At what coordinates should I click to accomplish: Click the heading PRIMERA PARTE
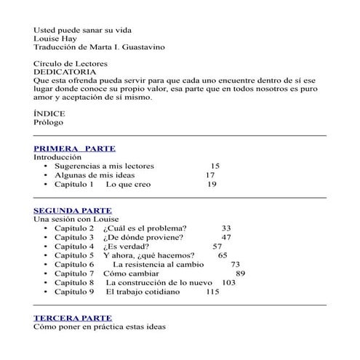coord(74,148)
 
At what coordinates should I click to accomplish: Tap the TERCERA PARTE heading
coord(73,318)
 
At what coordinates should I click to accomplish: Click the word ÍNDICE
coord(49,114)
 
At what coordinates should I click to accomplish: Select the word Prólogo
coord(49,123)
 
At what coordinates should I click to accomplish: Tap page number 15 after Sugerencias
coord(215,166)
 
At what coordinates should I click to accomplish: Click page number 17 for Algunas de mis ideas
coord(210,175)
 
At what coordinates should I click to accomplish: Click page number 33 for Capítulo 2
coord(226,228)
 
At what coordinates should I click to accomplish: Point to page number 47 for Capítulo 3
coord(226,238)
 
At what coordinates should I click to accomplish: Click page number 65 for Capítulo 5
coord(223,256)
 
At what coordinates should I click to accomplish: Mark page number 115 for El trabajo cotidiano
coord(212,292)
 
